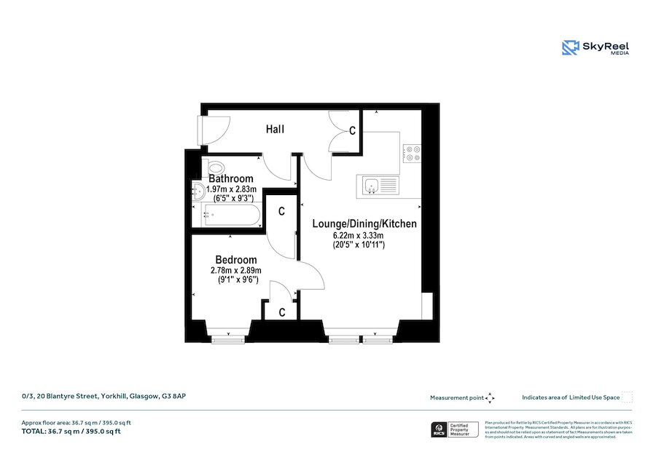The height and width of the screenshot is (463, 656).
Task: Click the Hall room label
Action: (x=275, y=130)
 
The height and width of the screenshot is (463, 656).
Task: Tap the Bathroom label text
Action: (x=231, y=178)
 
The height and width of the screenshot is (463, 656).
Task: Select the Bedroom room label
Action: (x=235, y=260)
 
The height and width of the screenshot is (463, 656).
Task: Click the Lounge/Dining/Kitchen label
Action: (x=364, y=223)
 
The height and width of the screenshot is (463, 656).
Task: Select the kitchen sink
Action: (x=371, y=186)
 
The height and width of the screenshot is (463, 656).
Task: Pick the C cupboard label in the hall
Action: (x=351, y=132)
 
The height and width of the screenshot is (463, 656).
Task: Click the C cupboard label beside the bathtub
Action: (x=281, y=212)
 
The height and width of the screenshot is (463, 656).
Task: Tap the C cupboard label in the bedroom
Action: (x=283, y=312)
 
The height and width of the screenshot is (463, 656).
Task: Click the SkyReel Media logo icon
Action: (x=569, y=48)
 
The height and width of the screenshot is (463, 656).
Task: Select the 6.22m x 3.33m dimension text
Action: (x=358, y=236)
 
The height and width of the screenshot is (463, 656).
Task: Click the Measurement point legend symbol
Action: (x=490, y=397)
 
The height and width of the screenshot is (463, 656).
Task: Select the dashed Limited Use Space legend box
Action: (x=627, y=397)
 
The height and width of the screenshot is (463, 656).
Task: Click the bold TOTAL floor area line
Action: (x=71, y=432)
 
